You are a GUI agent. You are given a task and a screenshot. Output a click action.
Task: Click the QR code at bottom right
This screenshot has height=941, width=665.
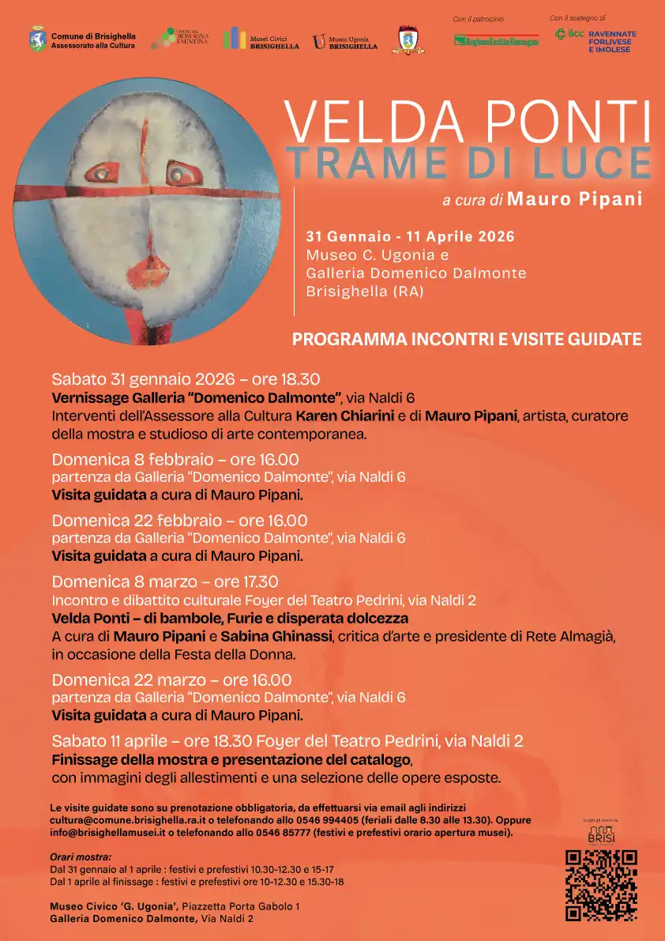pyautogui.click(x=601, y=885)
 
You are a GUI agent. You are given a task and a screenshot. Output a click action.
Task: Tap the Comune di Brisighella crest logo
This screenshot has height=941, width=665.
pyautogui.click(x=38, y=39)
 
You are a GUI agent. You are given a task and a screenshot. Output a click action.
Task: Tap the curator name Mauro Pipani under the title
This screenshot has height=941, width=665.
pyautogui.click(x=574, y=199)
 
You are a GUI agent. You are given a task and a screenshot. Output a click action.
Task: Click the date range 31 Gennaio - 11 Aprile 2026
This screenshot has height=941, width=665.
pyautogui.click(x=410, y=237)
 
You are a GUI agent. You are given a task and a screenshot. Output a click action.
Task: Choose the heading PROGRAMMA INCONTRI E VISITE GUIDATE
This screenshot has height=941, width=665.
pyautogui.click(x=466, y=340)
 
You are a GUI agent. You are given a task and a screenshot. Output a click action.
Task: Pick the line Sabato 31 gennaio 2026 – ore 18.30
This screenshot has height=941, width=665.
pyautogui.click(x=186, y=378)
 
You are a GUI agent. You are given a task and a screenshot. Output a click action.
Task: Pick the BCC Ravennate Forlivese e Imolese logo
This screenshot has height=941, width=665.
pyautogui.click(x=595, y=39)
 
